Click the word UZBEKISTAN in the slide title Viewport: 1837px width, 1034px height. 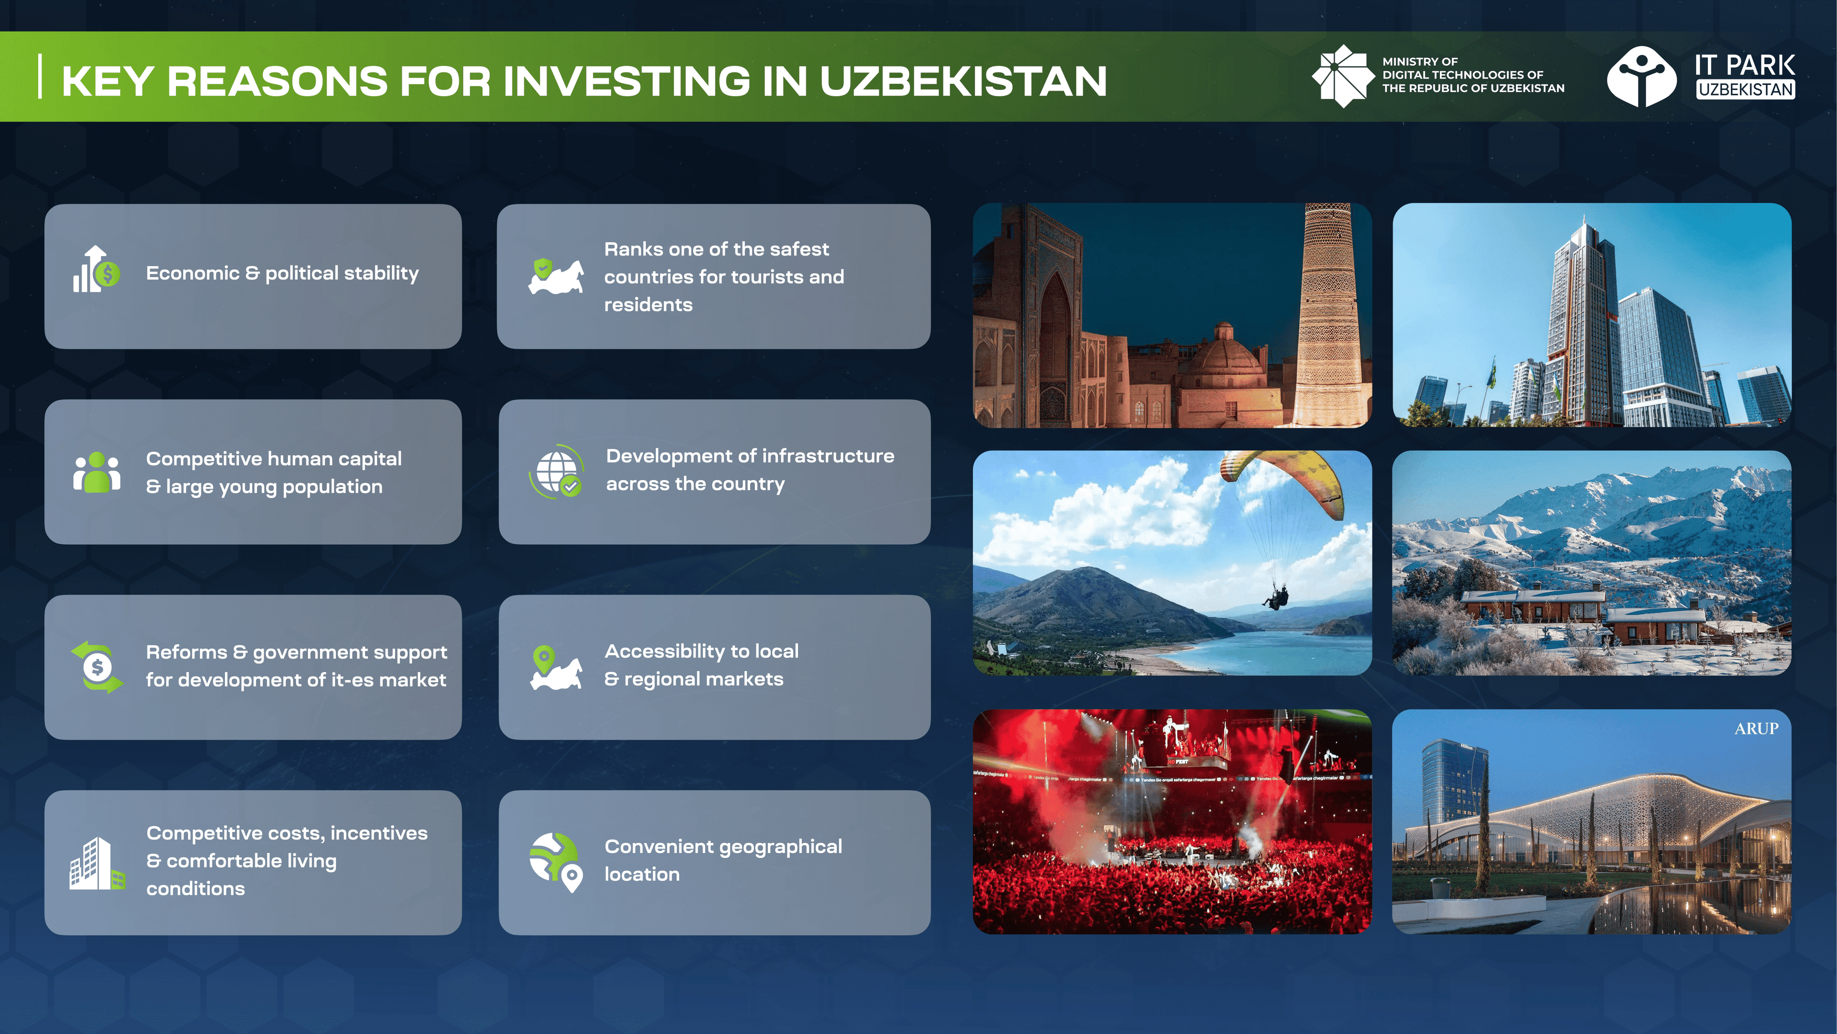tap(963, 80)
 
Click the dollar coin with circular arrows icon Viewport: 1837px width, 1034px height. tap(97, 666)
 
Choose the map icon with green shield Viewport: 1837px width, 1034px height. tap(555, 275)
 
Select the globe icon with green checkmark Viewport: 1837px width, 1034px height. tap(556, 471)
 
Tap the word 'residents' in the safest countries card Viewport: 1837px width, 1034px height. tap(648, 305)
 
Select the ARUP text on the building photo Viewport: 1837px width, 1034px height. tap(1757, 729)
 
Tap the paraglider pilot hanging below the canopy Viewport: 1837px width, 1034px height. tap(1276, 596)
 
